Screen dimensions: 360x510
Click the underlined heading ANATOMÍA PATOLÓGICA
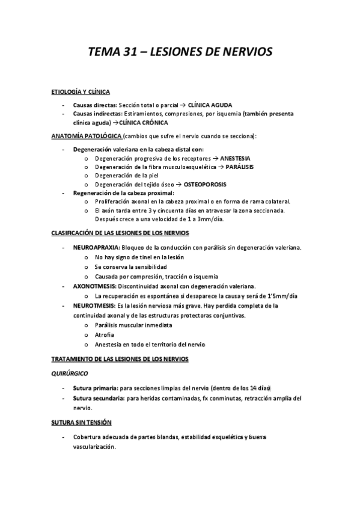87,135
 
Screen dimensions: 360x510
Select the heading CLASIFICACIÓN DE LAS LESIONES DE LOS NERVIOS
120,232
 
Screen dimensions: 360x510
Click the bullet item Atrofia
104,334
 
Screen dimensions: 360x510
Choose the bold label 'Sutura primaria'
94,388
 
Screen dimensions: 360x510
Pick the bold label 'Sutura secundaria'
98,398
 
